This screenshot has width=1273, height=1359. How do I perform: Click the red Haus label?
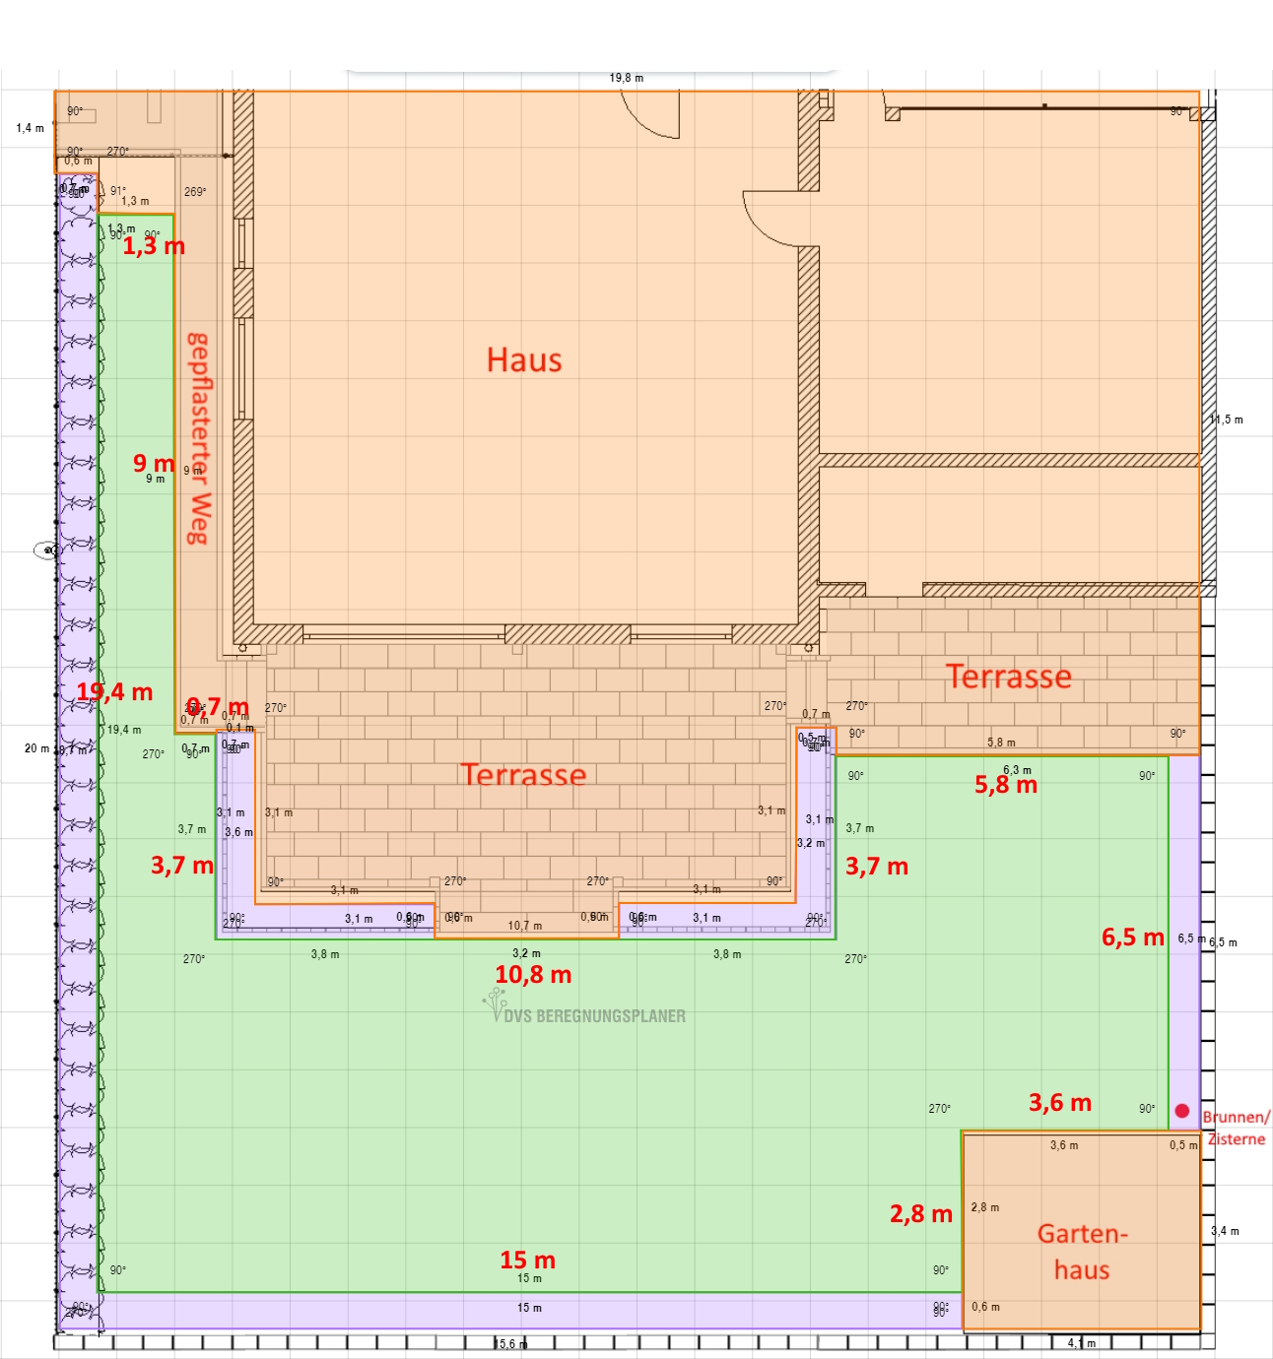[524, 359]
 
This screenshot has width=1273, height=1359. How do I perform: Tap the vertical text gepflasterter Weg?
[199, 438]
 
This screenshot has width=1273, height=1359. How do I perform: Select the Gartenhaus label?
[1082, 1252]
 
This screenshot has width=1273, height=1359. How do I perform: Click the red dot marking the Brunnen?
[1182, 1111]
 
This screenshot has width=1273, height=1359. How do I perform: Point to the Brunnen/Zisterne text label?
[1237, 1128]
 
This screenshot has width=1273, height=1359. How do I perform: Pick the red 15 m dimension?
[527, 1260]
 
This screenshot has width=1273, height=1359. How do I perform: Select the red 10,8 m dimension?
[533, 974]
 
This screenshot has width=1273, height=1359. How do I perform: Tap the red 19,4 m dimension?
[115, 692]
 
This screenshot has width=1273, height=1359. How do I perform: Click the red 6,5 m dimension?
[1133, 938]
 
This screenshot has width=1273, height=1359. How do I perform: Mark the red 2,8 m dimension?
[921, 1214]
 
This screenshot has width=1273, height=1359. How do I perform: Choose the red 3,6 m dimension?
[1060, 1103]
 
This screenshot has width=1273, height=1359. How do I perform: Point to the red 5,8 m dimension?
[1006, 785]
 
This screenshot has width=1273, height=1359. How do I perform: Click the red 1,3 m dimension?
[154, 246]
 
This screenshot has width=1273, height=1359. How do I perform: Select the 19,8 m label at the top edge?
[626, 78]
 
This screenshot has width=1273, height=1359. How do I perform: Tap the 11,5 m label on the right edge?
[1227, 420]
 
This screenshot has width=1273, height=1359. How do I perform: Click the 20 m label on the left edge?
[36, 748]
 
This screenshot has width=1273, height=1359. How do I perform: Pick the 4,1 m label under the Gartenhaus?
[1081, 1343]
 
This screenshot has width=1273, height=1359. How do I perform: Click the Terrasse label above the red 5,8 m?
[1008, 677]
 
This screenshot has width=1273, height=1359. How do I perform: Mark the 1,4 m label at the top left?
[30, 128]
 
